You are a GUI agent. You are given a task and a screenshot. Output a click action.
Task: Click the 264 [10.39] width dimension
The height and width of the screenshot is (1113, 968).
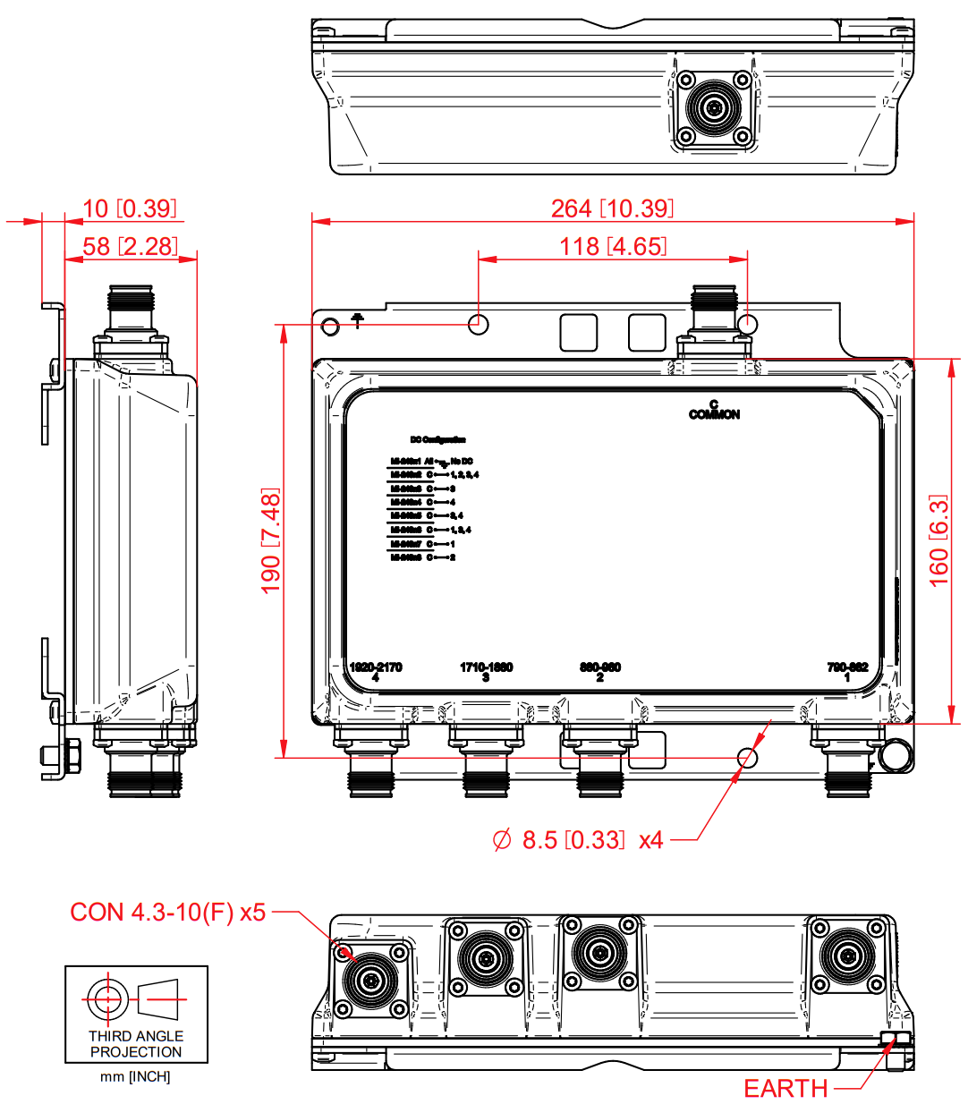[612, 208]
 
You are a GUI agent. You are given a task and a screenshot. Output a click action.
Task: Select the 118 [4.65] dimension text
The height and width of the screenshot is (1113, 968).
[613, 247]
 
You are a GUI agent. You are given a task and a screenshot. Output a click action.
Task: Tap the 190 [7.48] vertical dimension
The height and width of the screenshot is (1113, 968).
[270, 540]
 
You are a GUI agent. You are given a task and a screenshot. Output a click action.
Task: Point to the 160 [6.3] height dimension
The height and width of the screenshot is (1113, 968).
[938, 540]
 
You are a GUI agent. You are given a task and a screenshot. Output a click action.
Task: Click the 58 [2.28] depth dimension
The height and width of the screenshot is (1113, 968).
[131, 247]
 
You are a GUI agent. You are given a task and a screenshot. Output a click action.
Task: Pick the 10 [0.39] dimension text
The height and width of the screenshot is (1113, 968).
[131, 208]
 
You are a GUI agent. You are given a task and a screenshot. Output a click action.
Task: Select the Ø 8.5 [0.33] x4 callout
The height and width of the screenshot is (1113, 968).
[578, 840]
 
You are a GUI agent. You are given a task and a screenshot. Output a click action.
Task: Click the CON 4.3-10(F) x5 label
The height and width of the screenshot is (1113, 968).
[168, 913]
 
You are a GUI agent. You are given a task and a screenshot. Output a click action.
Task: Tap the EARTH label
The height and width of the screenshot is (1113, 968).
[785, 1089]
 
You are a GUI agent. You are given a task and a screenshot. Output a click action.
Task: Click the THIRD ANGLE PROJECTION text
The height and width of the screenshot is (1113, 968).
[136, 1044]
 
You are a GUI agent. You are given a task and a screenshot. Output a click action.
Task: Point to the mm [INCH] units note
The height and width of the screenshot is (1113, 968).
[135, 1077]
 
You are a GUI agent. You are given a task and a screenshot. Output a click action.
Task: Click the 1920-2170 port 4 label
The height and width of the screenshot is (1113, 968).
[376, 672]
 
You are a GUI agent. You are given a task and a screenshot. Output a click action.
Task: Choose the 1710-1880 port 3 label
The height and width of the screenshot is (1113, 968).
[486, 672]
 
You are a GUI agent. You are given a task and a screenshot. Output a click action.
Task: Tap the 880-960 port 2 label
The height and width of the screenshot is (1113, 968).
[599, 672]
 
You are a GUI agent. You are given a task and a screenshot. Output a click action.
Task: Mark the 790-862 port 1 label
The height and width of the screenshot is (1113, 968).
[847, 672]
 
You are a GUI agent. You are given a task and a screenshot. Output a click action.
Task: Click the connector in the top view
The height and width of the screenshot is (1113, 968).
[714, 109]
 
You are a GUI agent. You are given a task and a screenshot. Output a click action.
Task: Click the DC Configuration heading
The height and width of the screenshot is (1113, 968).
[437, 440]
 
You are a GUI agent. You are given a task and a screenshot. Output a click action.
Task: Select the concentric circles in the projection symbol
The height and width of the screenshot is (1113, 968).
[106, 998]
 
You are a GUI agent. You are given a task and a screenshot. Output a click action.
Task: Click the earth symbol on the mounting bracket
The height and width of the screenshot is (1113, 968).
[358, 319]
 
